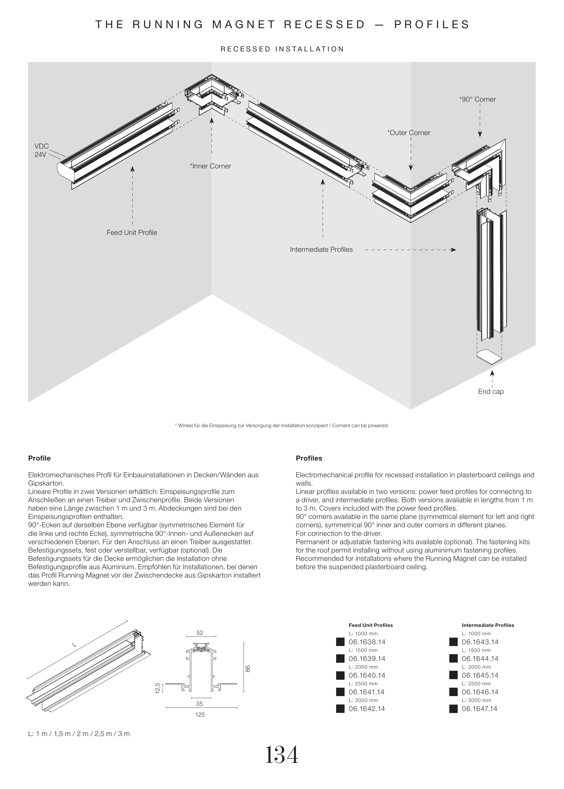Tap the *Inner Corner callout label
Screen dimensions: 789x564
[x=210, y=166]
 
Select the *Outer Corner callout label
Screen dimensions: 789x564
[x=409, y=133]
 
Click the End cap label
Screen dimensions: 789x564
[x=491, y=392]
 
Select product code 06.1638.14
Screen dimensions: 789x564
[x=367, y=642]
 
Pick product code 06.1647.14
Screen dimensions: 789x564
[x=480, y=709]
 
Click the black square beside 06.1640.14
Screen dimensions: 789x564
[x=340, y=676]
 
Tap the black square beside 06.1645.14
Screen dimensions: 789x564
[x=453, y=676]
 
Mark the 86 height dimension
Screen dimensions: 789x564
[x=248, y=669]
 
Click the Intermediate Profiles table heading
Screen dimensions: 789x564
[x=488, y=625]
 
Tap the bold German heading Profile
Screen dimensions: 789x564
[x=39, y=458]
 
